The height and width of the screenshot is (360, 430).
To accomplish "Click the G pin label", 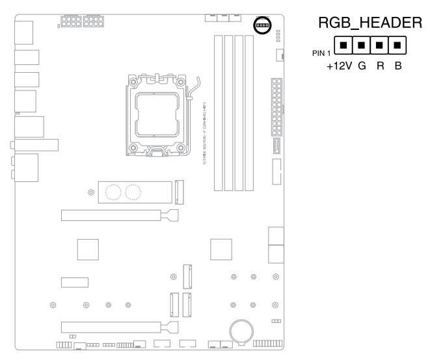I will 362,66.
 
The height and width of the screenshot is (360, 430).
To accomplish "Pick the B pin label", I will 397,66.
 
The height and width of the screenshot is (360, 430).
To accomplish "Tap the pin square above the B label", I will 397,46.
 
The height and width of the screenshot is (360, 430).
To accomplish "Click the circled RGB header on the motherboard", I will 262,25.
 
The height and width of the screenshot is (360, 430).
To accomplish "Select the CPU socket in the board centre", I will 157,117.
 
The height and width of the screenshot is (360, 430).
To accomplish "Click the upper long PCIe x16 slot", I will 114,214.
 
